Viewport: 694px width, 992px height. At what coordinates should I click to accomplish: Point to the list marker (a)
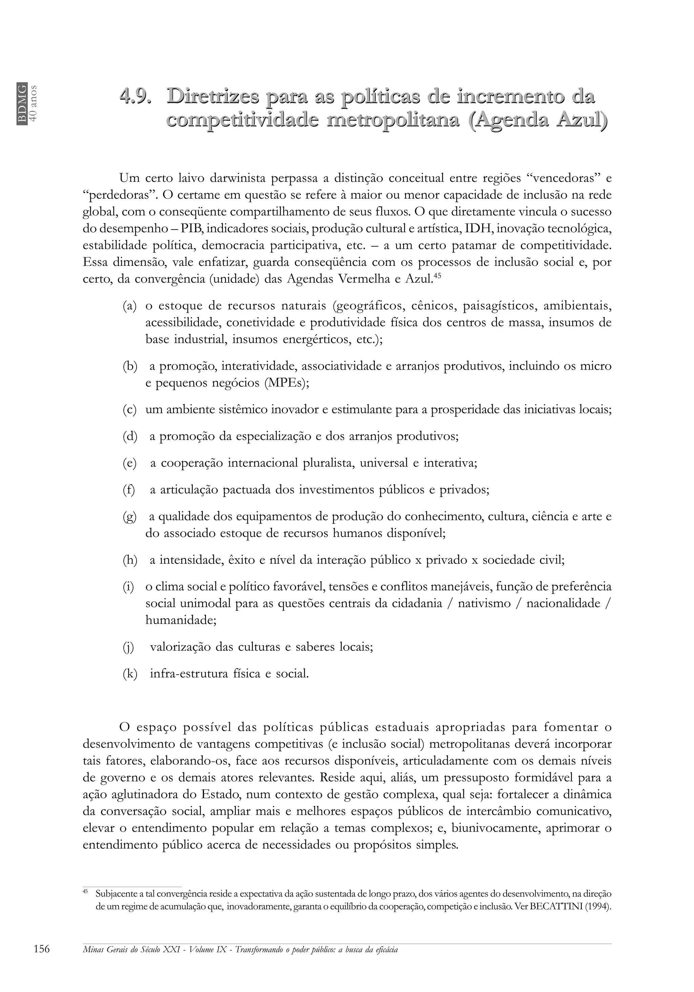(x=129, y=306)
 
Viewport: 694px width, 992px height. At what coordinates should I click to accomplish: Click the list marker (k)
(x=129, y=674)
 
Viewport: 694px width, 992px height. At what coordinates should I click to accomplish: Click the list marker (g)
(x=129, y=517)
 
